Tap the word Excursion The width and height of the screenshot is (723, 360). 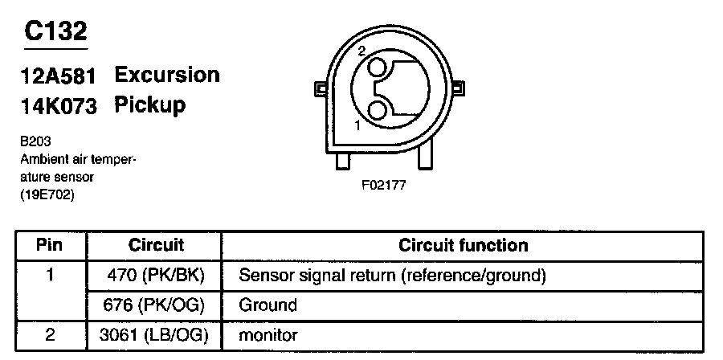(x=167, y=75)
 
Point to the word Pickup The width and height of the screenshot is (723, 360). (x=150, y=104)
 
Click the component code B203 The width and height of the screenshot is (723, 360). (x=35, y=140)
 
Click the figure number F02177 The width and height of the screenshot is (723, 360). (x=384, y=185)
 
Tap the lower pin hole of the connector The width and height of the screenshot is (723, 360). (x=377, y=110)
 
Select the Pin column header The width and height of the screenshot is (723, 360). (x=50, y=245)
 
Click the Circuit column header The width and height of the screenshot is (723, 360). (x=156, y=245)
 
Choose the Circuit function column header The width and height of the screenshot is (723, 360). (x=464, y=245)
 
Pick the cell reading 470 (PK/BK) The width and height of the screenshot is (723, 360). (x=157, y=276)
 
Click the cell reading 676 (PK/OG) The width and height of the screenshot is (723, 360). (x=157, y=305)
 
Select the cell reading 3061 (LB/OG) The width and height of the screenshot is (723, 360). (x=157, y=335)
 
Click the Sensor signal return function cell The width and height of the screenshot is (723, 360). (x=393, y=276)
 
